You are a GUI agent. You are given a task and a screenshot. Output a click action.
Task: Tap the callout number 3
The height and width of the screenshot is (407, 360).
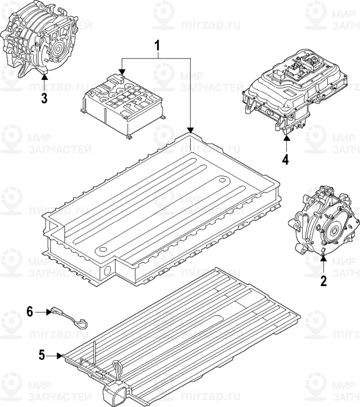click(x=44, y=99)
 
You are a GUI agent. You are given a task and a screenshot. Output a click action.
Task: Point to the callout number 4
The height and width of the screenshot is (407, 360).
click(x=285, y=159)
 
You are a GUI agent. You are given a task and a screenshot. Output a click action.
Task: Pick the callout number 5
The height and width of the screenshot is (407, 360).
click(x=41, y=355)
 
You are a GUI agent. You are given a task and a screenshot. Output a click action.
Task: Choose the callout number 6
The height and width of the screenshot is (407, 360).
click(x=31, y=310)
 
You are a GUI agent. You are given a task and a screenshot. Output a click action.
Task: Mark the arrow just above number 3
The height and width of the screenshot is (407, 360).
click(x=44, y=84)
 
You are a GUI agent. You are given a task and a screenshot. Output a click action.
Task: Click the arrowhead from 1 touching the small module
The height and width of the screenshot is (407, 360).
click(x=121, y=71)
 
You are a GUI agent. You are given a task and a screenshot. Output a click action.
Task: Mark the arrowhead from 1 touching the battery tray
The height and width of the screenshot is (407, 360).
click(x=191, y=130)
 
